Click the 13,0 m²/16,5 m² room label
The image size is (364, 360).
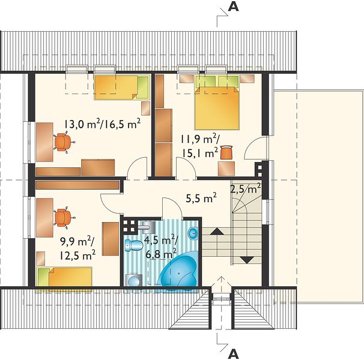pyautogui.click(x=102, y=124)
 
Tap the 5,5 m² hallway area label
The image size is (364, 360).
pyautogui.click(x=201, y=199)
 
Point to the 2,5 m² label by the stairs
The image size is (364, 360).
pyautogui.click(x=246, y=188)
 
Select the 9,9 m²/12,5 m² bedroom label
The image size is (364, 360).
pyautogui.click(x=77, y=249)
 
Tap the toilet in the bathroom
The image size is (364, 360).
pyautogui.click(x=134, y=245)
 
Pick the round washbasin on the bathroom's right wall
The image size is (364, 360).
pyautogui.click(x=193, y=233)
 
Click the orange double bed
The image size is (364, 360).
pyautogui.click(x=217, y=107)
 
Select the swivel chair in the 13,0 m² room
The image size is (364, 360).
pyautogui.click(x=64, y=142)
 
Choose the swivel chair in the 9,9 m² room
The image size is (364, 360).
pyautogui.click(x=64, y=217)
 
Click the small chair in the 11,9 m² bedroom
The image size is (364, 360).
pyautogui.click(x=226, y=152)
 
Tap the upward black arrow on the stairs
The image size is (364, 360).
pyautogui.click(x=217, y=231)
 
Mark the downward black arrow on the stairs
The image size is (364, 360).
pyautogui.click(x=247, y=260)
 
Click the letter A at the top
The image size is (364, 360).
pyautogui.click(x=233, y=7)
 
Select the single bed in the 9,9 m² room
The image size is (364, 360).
pyautogui.click(x=64, y=278)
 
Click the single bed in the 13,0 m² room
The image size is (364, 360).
pyautogui.click(x=122, y=87)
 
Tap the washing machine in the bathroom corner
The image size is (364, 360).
pyautogui.click(x=134, y=280)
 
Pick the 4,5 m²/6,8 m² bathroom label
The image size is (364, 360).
pyautogui.click(x=161, y=247)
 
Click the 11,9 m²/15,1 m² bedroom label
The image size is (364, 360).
pyautogui.click(x=199, y=146)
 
